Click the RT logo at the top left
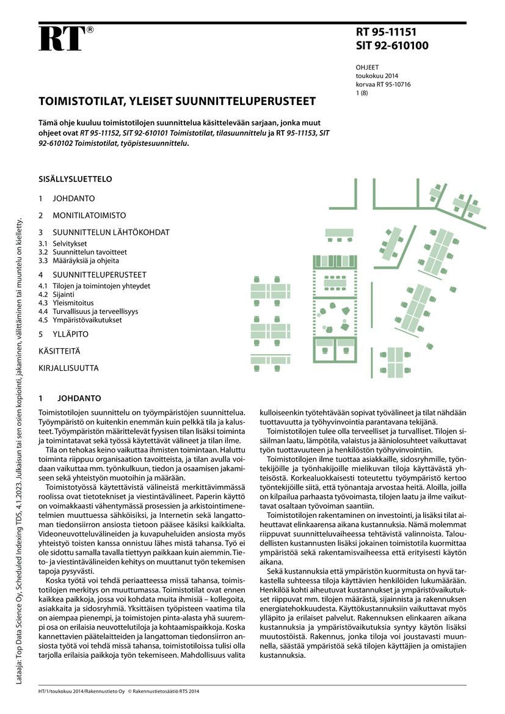pos(61,39)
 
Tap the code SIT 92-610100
pos(391,46)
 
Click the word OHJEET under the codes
pos(367,68)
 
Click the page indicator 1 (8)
pos(363,93)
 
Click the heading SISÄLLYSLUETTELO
pos(75,180)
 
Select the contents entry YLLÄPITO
pos(70,334)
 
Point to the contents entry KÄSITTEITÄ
pos(59,351)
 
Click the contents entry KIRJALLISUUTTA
pos(68,368)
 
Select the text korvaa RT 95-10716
pos(383,85)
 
